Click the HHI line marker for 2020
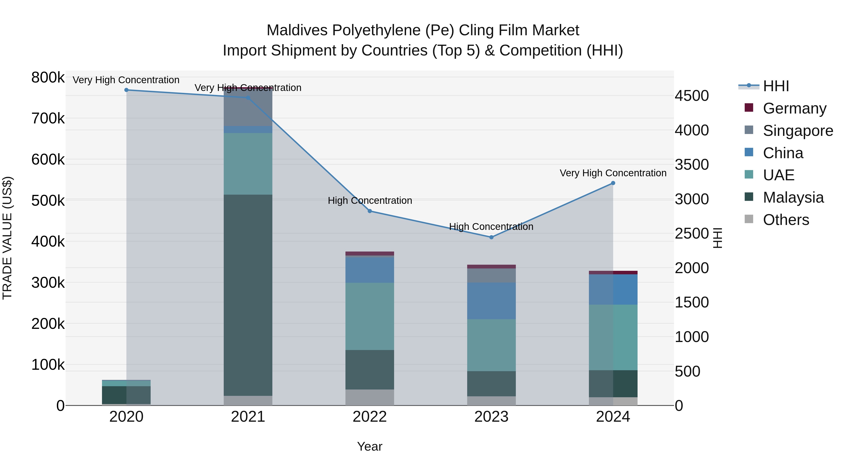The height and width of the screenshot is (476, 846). pyautogui.click(x=126, y=90)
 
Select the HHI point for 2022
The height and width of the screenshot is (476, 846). pyautogui.click(x=370, y=211)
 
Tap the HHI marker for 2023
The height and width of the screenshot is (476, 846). pyautogui.click(x=491, y=237)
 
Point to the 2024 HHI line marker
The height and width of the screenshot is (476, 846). pyautogui.click(x=613, y=183)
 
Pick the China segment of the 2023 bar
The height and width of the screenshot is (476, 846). pyautogui.click(x=491, y=301)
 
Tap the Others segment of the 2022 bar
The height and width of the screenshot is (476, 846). pyautogui.click(x=370, y=397)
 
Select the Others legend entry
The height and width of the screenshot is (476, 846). pyautogui.click(x=786, y=220)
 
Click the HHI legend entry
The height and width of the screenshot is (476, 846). pyautogui.click(x=776, y=86)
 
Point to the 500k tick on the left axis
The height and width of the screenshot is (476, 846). pyautogui.click(x=48, y=200)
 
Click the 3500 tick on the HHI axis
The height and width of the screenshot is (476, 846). pyautogui.click(x=692, y=165)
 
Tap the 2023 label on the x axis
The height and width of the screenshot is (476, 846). pyautogui.click(x=491, y=417)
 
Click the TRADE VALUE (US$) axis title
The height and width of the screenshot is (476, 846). pyautogui.click(x=7, y=238)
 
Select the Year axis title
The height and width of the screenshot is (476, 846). pyautogui.click(x=370, y=446)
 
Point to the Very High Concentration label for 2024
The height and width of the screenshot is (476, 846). pyautogui.click(x=613, y=173)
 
